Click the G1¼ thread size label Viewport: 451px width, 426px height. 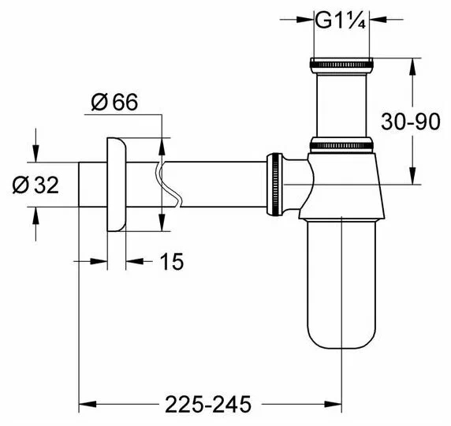click(x=341, y=20)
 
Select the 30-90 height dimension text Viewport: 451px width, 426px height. click(x=411, y=121)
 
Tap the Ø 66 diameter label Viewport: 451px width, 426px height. click(x=114, y=102)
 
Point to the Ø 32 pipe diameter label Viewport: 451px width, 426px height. click(x=35, y=185)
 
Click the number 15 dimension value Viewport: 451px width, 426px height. click(x=171, y=262)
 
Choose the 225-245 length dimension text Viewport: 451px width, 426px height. click(x=208, y=405)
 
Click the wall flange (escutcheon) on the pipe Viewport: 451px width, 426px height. click(x=117, y=185)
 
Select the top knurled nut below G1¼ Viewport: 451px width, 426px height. click(x=341, y=65)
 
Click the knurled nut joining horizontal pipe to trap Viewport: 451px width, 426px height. click(x=274, y=185)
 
